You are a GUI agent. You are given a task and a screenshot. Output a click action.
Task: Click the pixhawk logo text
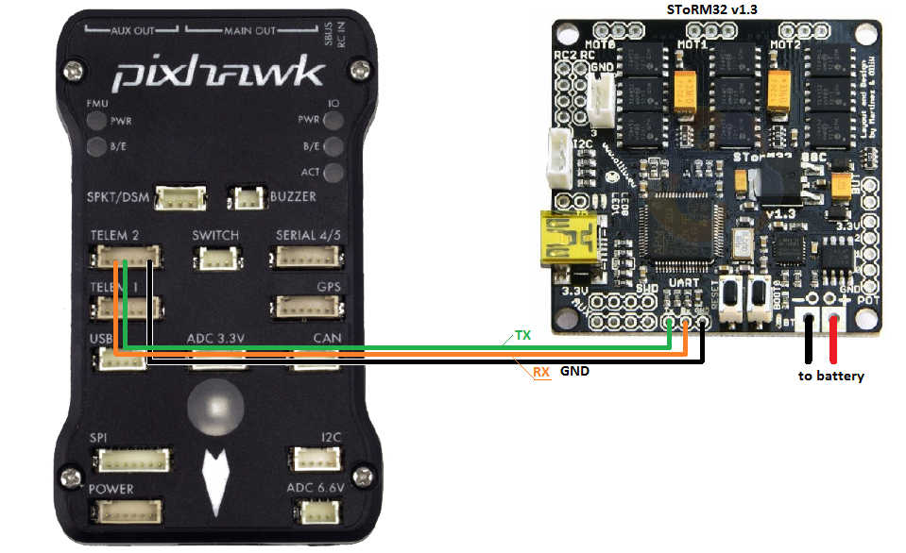click(218, 73)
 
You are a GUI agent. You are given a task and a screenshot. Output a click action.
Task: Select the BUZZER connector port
click(249, 198)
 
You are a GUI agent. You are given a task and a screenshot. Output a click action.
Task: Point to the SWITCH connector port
click(214, 257)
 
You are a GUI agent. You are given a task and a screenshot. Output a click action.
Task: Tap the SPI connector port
click(132, 461)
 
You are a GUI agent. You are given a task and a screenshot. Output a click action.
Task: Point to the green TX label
click(521, 335)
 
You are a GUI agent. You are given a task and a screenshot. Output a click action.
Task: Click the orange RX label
click(540, 372)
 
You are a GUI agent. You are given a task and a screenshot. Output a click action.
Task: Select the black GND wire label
click(574, 372)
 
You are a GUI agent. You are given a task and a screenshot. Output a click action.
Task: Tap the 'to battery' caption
click(831, 376)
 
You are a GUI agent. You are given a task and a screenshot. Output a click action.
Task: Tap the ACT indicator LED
click(333, 172)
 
